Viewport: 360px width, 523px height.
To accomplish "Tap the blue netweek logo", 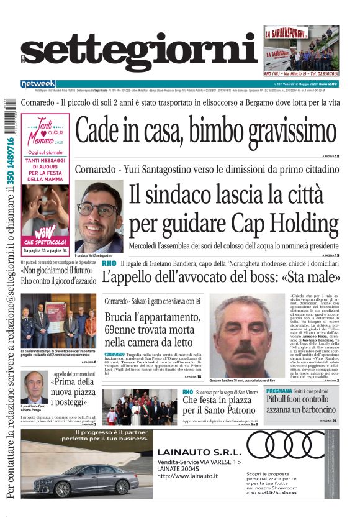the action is click(38, 83).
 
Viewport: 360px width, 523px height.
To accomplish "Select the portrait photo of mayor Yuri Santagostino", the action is click(99, 217).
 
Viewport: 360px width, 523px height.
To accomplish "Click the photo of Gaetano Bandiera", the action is click(246, 335).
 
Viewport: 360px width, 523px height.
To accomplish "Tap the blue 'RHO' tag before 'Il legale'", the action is click(109, 263).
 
